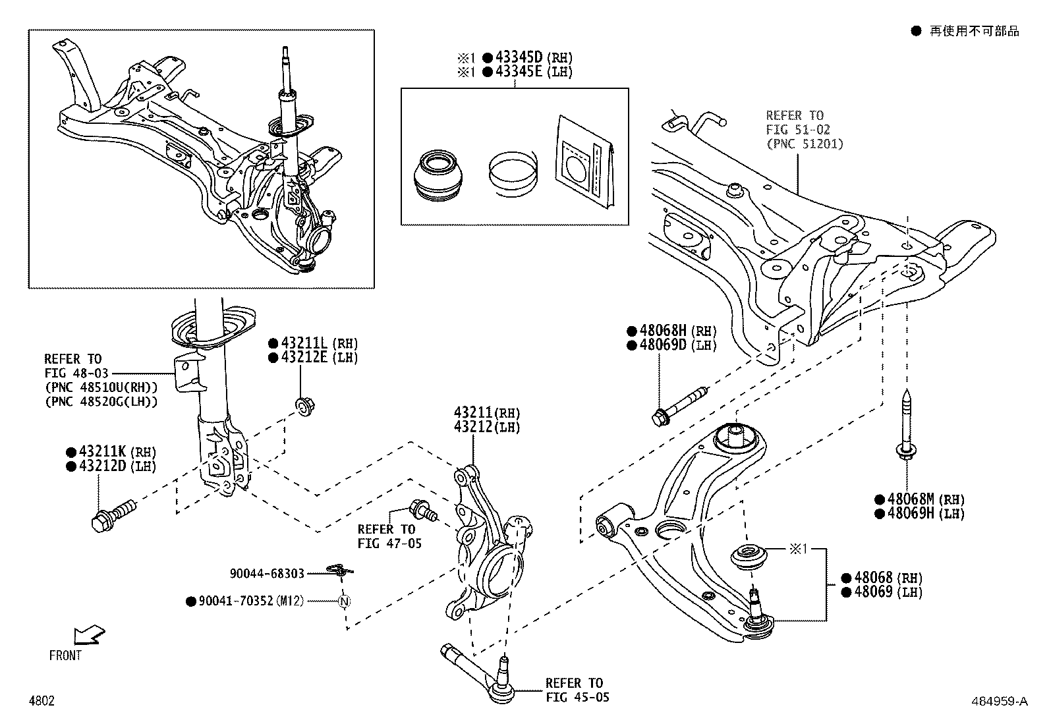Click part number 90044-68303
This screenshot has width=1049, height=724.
(267, 574)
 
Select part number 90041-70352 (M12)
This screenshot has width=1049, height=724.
(250, 601)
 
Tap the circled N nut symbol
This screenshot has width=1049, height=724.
(343, 601)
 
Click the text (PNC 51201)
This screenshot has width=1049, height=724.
(805, 144)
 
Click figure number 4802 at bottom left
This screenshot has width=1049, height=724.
(41, 701)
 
